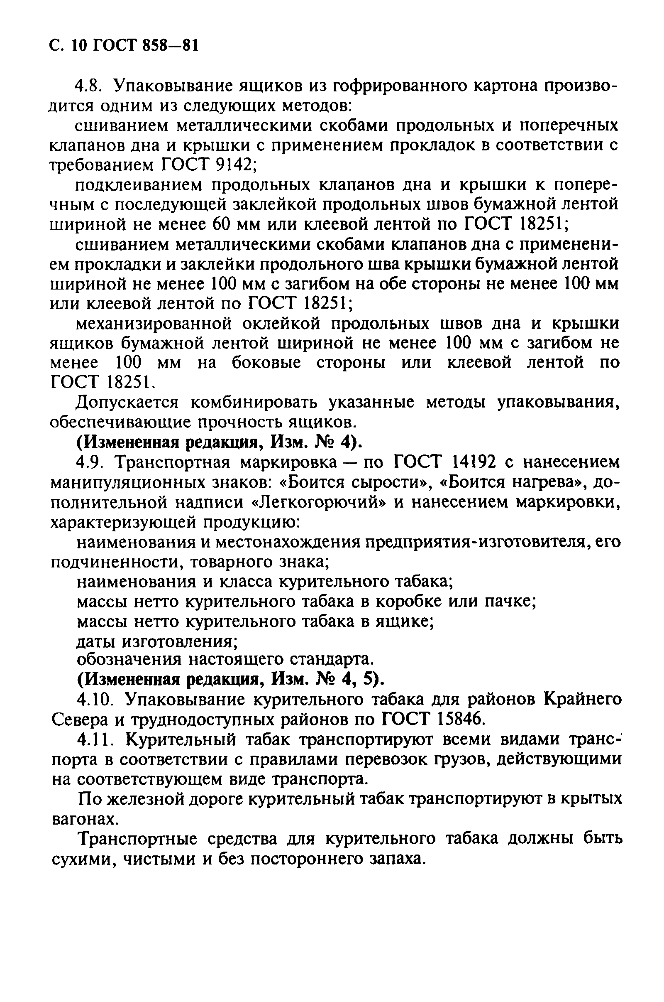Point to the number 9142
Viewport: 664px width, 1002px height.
(x=234, y=165)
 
